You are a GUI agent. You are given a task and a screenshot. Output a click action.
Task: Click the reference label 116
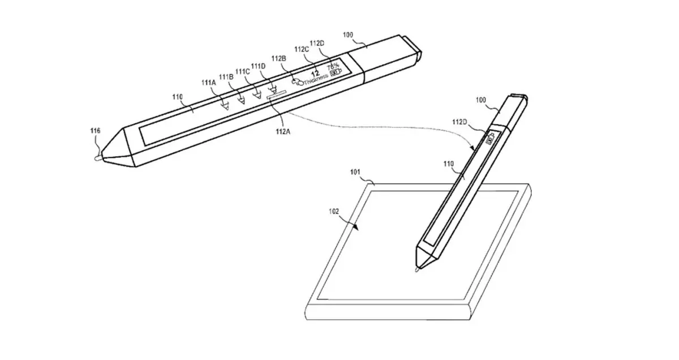click(95, 131)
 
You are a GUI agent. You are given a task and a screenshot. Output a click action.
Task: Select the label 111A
click(209, 83)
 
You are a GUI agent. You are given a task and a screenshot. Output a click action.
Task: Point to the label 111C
click(243, 71)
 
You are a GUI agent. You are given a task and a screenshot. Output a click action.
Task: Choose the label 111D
click(259, 66)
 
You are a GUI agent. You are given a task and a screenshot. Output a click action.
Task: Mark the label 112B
click(279, 58)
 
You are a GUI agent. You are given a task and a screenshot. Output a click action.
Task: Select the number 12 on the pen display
click(316, 73)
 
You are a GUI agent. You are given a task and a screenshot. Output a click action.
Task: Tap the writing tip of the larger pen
click(97, 158)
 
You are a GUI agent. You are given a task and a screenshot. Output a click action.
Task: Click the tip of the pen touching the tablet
click(418, 271)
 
